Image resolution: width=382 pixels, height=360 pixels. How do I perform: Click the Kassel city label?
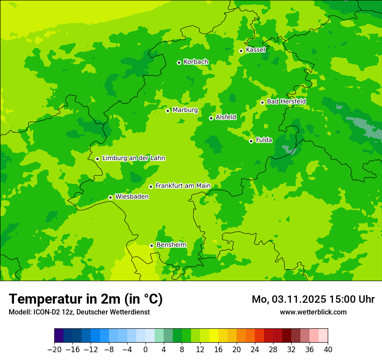[255, 50]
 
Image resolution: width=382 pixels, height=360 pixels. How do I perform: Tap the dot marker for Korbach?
[179, 62]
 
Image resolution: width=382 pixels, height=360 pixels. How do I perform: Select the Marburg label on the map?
[185, 110]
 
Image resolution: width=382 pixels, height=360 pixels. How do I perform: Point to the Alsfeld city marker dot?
[211, 118]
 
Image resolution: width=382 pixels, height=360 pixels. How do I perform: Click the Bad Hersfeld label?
[286, 101]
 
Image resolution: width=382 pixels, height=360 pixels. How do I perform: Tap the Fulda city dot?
[251, 141]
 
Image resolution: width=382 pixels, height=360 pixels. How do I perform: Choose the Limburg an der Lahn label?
[133, 158]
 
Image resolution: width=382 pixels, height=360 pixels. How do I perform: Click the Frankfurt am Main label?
[183, 186]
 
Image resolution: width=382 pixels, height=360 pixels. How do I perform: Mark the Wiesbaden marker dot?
[110, 197]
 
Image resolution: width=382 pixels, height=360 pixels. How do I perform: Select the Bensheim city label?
[171, 245]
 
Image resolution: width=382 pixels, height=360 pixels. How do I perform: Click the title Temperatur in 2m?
[86, 299]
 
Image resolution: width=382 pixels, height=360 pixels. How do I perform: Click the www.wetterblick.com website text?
[313, 312]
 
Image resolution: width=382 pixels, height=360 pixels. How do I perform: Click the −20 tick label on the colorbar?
[54, 350]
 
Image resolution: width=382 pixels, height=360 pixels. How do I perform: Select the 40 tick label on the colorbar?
[328, 350]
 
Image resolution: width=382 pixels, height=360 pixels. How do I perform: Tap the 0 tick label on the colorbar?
[145, 350]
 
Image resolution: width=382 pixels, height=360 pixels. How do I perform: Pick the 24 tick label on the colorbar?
[255, 350]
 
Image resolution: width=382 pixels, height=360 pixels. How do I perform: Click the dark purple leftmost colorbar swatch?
[59, 336]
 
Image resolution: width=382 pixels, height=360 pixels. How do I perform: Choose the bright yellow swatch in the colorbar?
[214, 336]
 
